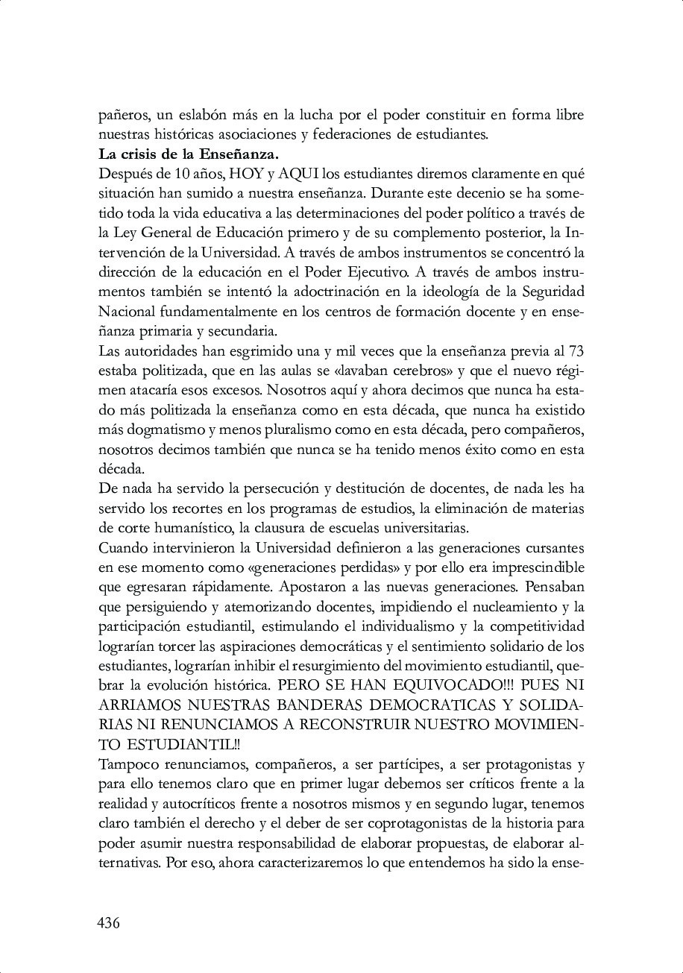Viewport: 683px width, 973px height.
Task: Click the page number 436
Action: [x=109, y=923]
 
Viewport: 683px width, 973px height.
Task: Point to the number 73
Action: [x=576, y=350]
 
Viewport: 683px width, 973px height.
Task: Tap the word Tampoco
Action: [x=127, y=763]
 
